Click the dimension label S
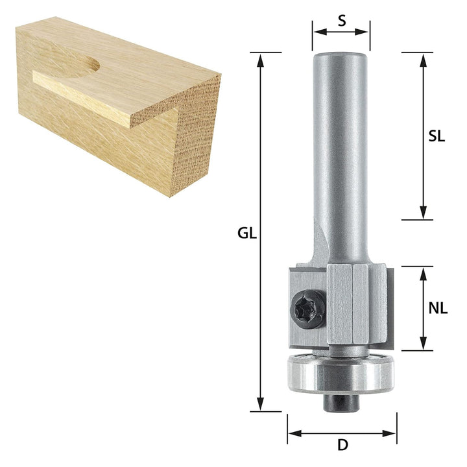[x=342, y=21]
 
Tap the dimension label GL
[x=247, y=233]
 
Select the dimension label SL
[x=437, y=136]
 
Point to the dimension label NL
[x=438, y=308]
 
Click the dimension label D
[x=343, y=445]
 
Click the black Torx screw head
[x=307, y=310]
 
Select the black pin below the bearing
[x=341, y=404]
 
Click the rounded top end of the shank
[x=341, y=56]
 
